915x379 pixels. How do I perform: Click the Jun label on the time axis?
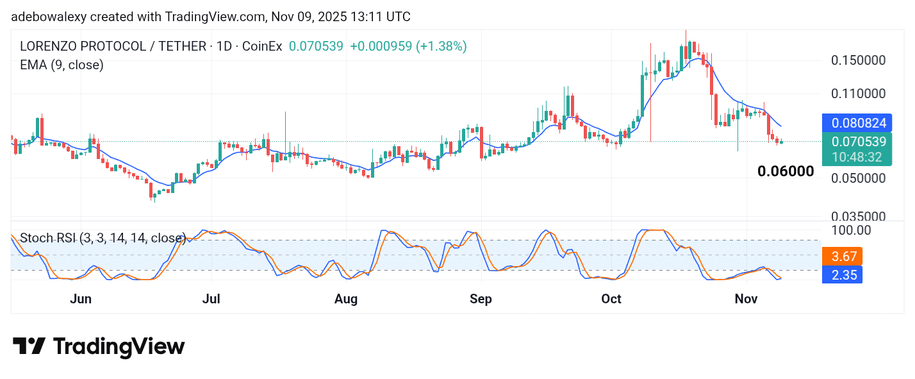[x=81, y=299]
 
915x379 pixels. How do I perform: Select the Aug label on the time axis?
[x=346, y=299]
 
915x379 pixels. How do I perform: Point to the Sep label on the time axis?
[x=481, y=299]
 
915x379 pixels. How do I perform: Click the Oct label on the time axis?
[x=611, y=299]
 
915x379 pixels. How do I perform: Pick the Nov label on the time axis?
[x=746, y=299]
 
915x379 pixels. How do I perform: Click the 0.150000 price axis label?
[x=859, y=60]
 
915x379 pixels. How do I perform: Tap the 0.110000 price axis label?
[x=859, y=94]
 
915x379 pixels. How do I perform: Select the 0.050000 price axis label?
[x=859, y=178]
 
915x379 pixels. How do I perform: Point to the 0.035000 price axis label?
[x=859, y=217]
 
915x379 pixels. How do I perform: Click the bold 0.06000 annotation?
[x=786, y=171]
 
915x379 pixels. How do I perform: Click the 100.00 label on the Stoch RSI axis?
[x=850, y=230]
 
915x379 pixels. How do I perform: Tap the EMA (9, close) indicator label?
[x=62, y=65]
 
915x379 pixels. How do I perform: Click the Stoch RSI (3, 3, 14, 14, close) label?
[x=103, y=239]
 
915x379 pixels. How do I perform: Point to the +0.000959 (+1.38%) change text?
[x=408, y=46]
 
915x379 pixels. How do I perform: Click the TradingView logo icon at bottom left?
[x=29, y=347]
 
